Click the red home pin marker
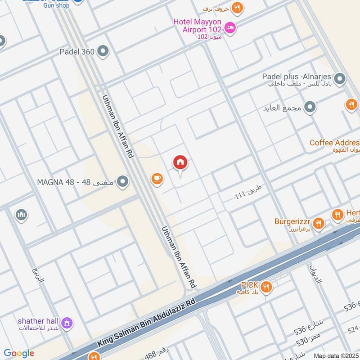tap(180, 163)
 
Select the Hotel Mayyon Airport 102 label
tap(198, 26)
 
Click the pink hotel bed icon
tap(230, 28)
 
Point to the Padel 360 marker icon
tap(103, 51)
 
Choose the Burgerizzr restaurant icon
tap(319, 223)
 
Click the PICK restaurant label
tap(249, 285)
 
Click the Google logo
tap(19, 353)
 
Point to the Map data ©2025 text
tap(336, 356)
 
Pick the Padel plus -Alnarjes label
tap(297, 76)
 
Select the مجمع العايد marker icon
tap(310, 108)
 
